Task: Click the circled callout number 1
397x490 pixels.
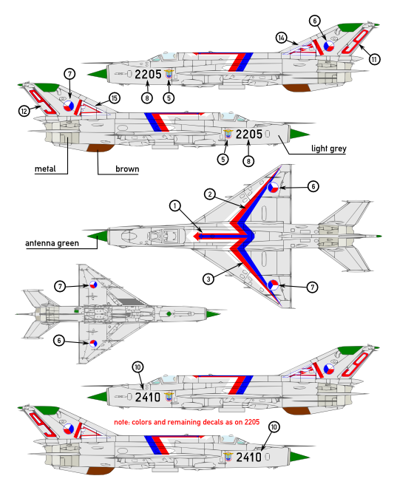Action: tap(175, 206)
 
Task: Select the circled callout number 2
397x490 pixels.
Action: tap(210, 194)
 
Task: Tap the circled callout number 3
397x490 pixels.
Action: tap(208, 279)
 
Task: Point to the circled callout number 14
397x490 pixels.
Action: tap(282, 38)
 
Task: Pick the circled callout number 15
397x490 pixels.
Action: tap(115, 98)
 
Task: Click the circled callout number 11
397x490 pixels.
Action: tap(375, 59)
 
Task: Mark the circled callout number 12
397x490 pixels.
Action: tap(24, 111)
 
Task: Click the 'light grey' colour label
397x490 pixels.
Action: tap(328, 149)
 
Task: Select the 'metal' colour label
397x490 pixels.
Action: tap(45, 169)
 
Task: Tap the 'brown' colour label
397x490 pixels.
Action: tap(127, 169)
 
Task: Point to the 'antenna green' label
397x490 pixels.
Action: tap(52, 243)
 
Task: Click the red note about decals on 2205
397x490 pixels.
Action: tap(186, 422)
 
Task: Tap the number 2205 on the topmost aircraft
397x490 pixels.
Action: tap(148, 75)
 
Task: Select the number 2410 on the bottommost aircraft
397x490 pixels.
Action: tap(249, 457)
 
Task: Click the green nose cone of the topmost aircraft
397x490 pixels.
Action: tap(98, 74)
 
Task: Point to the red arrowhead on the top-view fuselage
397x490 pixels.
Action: tap(197, 237)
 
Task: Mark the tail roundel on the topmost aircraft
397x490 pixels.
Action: tap(328, 47)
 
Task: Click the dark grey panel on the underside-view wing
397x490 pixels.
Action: tap(128, 302)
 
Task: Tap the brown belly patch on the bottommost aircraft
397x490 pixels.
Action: tap(100, 471)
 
